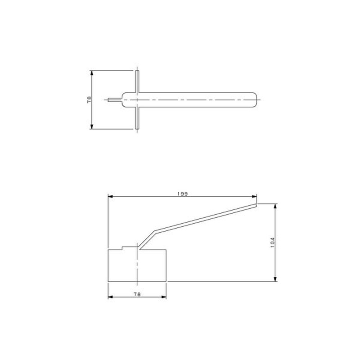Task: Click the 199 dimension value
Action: pos(182,193)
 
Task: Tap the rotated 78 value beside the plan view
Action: pos(89,99)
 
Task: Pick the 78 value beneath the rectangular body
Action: pos(137,294)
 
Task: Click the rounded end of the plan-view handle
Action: pos(256,99)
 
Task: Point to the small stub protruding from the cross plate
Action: pos(115,99)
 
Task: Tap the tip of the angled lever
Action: pos(256,205)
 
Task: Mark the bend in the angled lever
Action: pos(154,232)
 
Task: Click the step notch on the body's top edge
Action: pos(123,247)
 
